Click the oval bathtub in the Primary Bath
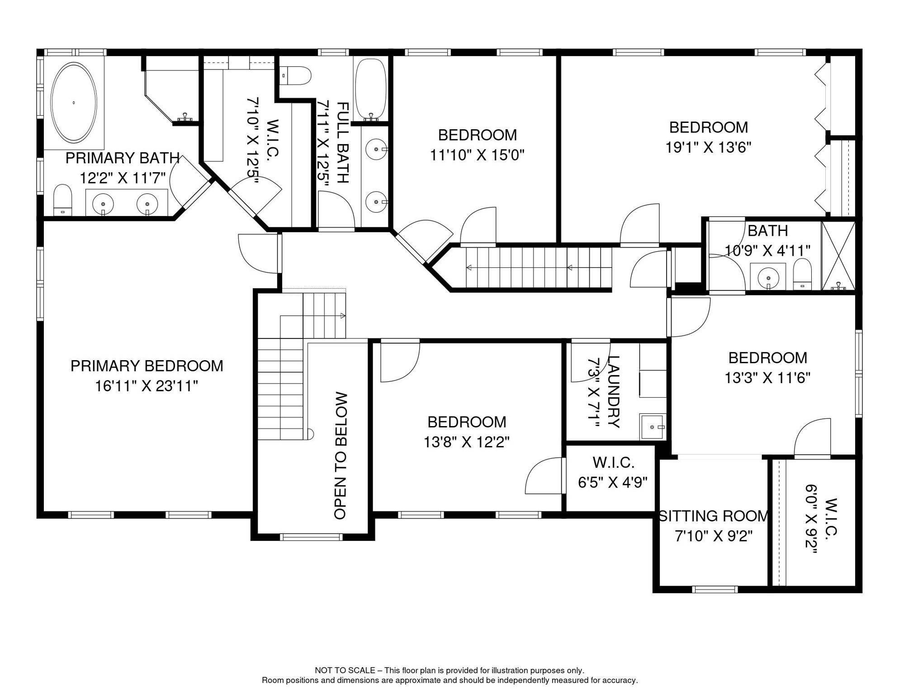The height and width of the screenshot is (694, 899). click(x=73, y=103)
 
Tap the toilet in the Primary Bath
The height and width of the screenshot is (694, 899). click(x=63, y=200)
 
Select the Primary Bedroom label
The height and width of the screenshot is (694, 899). click(x=147, y=366)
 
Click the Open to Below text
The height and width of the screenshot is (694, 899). click(x=341, y=456)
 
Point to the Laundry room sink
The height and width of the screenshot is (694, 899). click(x=653, y=427)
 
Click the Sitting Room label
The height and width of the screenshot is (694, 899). click(x=714, y=516)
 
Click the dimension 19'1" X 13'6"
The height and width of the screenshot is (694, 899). click(x=708, y=147)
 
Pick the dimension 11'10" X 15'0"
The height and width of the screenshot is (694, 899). click(x=477, y=155)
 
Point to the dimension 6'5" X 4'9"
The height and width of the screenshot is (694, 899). click(x=613, y=483)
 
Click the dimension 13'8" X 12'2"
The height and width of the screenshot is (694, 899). click(x=467, y=442)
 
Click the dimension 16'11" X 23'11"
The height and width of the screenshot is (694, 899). click(x=147, y=386)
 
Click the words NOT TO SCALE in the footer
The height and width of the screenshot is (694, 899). click(x=345, y=671)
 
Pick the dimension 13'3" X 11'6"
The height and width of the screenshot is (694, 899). click(x=767, y=378)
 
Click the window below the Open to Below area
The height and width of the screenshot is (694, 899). click(x=311, y=537)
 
